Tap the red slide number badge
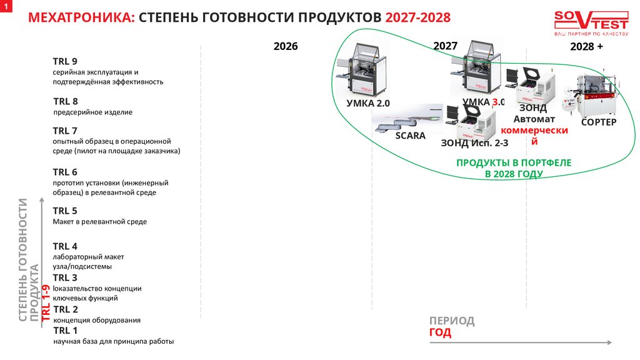click(x=7, y=6)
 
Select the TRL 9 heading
click(x=65, y=61)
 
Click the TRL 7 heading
click(x=65, y=131)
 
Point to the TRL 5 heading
click(x=65, y=211)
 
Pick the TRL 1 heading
click(x=66, y=331)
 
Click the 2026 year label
click(x=286, y=46)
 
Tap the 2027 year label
click(x=446, y=46)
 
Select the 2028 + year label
click(x=587, y=47)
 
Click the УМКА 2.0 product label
click(x=368, y=103)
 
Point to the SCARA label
click(x=410, y=136)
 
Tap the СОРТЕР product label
click(x=599, y=122)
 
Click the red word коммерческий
click(x=534, y=131)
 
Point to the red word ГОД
click(x=440, y=332)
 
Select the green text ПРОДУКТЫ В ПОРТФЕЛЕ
click(x=514, y=162)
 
